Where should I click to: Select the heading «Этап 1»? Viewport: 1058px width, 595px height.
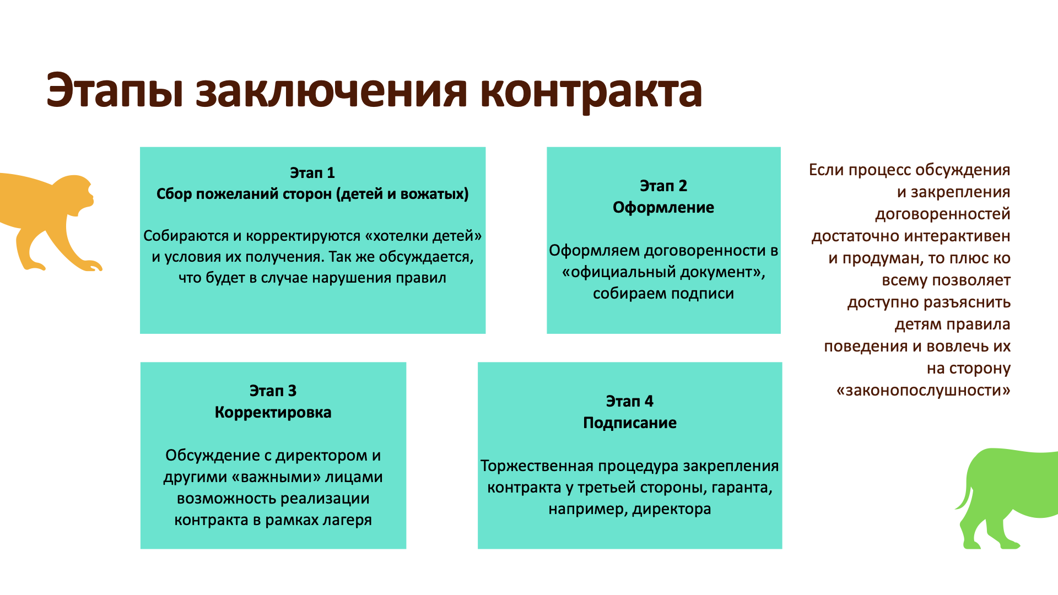point(312,173)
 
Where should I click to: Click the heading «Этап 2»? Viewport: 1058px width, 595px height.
point(663,186)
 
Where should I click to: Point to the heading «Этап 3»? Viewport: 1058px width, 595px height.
point(273,391)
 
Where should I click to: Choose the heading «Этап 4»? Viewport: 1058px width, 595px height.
point(629,402)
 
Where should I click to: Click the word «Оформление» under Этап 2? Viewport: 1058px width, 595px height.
point(663,208)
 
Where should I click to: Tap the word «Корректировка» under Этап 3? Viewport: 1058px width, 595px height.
point(273,413)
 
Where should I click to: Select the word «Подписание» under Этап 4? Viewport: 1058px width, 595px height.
point(629,423)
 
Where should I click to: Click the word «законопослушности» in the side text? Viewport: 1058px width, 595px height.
point(923,391)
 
